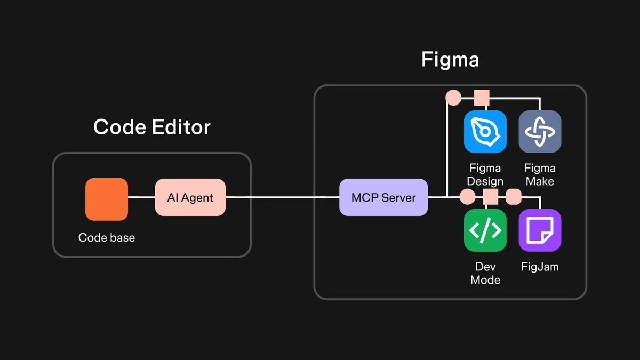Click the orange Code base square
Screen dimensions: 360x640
pyautogui.click(x=107, y=199)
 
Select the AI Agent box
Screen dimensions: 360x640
pyautogui.click(x=190, y=197)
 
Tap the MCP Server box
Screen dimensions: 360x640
pyautogui.click(x=383, y=197)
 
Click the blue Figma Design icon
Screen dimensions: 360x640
pyautogui.click(x=485, y=132)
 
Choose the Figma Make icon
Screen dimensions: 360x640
pyautogui.click(x=540, y=132)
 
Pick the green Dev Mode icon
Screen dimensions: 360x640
pyautogui.click(x=485, y=230)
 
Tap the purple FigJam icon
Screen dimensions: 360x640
pyautogui.click(x=540, y=230)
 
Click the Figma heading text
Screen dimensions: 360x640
pyautogui.click(x=450, y=59)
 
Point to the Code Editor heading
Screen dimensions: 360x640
pyautogui.click(x=152, y=127)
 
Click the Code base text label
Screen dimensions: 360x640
pyautogui.click(x=107, y=237)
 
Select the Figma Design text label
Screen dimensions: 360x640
pyautogui.click(x=485, y=174)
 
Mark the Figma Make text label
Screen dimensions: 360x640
pyautogui.click(x=540, y=174)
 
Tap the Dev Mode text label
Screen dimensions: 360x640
pyautogui.click(x=485, y=273)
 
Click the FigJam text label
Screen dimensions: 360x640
pyautogui.click(x=540, y=266)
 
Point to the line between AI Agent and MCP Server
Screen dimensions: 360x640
pyautogui.click(x=283, y=197)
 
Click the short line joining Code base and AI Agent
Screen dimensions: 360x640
pyautogui.click(x=141, y=197)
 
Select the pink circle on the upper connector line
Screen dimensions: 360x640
pyautogui.click(x=453, y=98)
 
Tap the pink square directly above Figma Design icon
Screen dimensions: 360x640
pyautogui.click(x=482, y=98)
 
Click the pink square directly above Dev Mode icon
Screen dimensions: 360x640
pyautogui.click(x=490, y=196)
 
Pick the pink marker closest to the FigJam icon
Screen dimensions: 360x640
pyautogui.click(x=513, y=196)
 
